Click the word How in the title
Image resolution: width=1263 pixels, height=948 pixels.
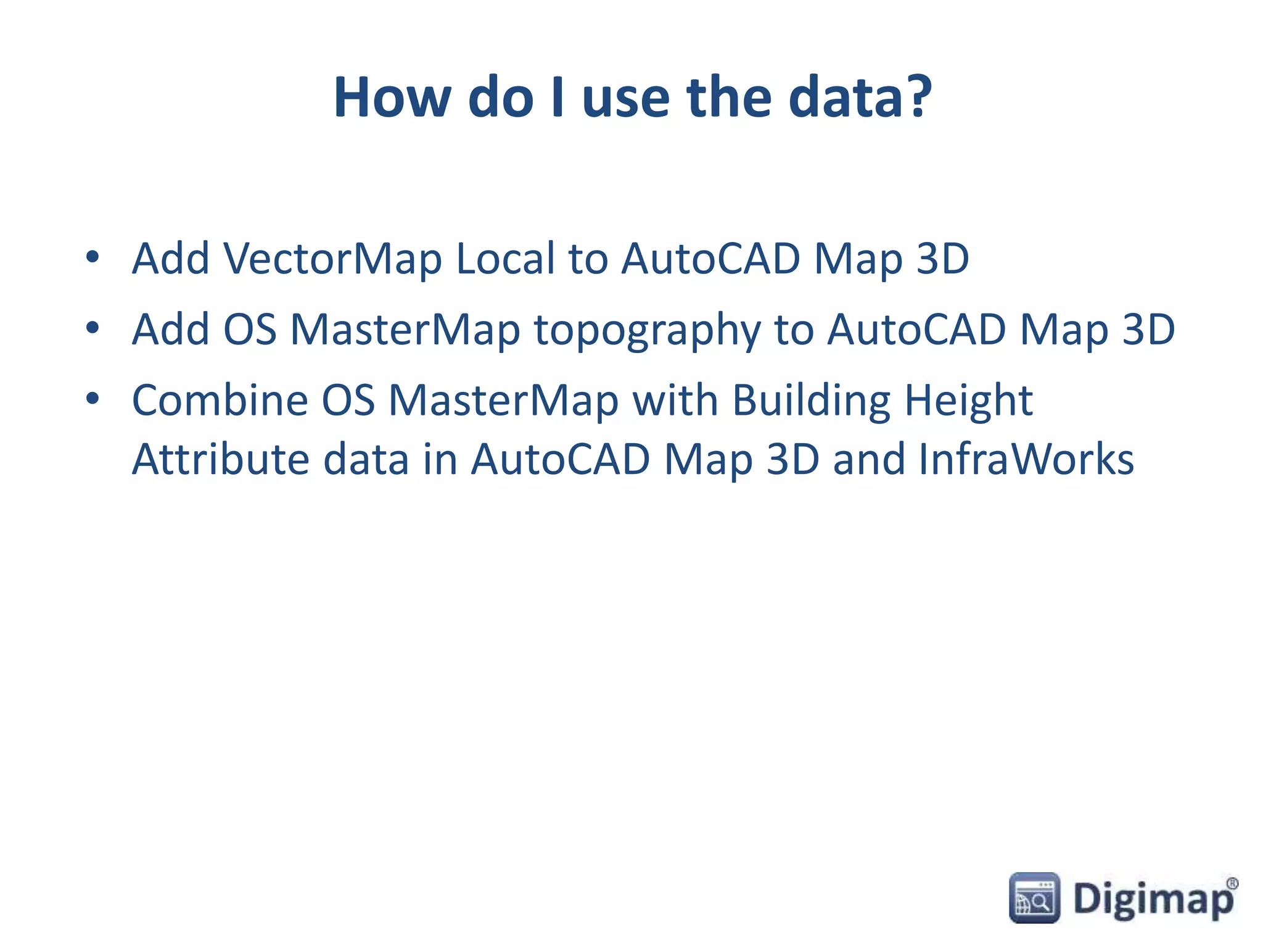point(392,98)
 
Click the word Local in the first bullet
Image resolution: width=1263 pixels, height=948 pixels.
point(505,259)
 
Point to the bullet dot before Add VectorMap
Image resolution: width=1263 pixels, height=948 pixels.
point(93,257)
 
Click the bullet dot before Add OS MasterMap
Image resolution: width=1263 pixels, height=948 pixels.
point(93,328)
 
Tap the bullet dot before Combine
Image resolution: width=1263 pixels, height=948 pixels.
point(93,399)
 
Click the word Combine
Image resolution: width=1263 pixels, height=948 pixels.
point(220,401)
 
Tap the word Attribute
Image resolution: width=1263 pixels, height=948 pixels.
point(221,460)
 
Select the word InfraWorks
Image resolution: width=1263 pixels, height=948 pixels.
point(1026,460)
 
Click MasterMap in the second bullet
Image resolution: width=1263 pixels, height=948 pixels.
point(405,330)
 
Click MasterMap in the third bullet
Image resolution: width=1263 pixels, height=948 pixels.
point(503,401)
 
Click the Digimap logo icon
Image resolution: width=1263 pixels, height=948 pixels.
point(1034,898)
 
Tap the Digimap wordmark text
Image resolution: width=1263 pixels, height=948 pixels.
point(1151,900)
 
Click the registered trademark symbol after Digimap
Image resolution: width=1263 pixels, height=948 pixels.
point(1232,884)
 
